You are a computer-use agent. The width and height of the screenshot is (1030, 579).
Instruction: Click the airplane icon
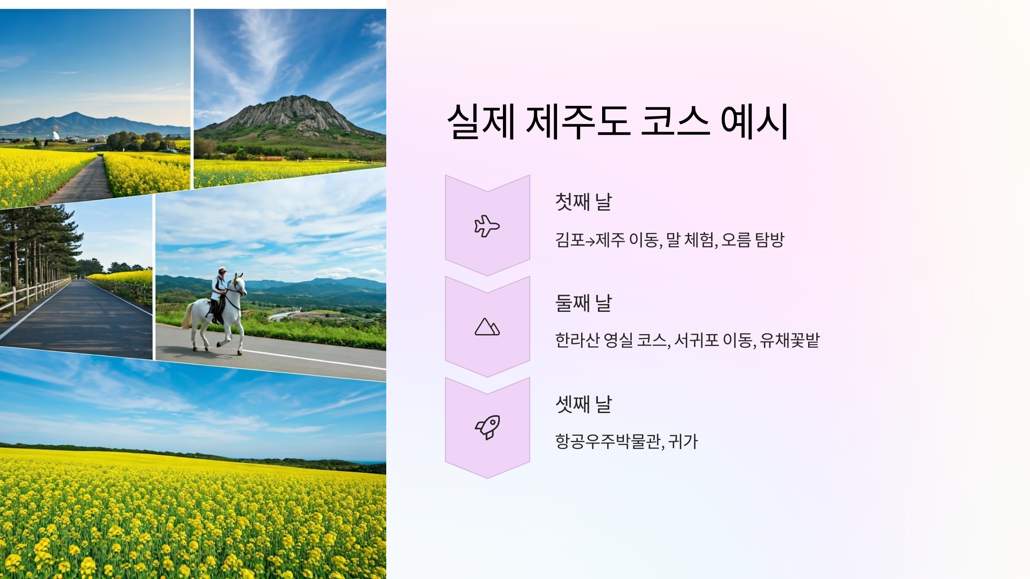(x=487, y=226)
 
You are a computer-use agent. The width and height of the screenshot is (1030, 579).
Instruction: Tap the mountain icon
(x=487, y=327)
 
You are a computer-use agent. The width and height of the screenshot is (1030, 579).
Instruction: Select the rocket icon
(x=488, y=427)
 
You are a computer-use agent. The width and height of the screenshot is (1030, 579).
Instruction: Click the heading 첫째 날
(x=583, y=202)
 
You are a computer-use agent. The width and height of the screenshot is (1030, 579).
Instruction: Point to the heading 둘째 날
(x=583, y=303)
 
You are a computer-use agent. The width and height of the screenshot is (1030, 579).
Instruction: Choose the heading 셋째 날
(x=583, y=404)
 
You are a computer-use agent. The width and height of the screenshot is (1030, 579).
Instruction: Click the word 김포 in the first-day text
(x=570, y=240)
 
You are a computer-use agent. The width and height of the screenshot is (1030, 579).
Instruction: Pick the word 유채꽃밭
(x=790, y=341)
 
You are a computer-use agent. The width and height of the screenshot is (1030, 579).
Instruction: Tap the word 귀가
(x=683, y=441)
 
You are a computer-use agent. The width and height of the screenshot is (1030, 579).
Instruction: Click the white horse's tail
(x=187, y=316)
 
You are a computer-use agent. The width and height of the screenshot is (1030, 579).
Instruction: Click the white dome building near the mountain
(x=55, y=136)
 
